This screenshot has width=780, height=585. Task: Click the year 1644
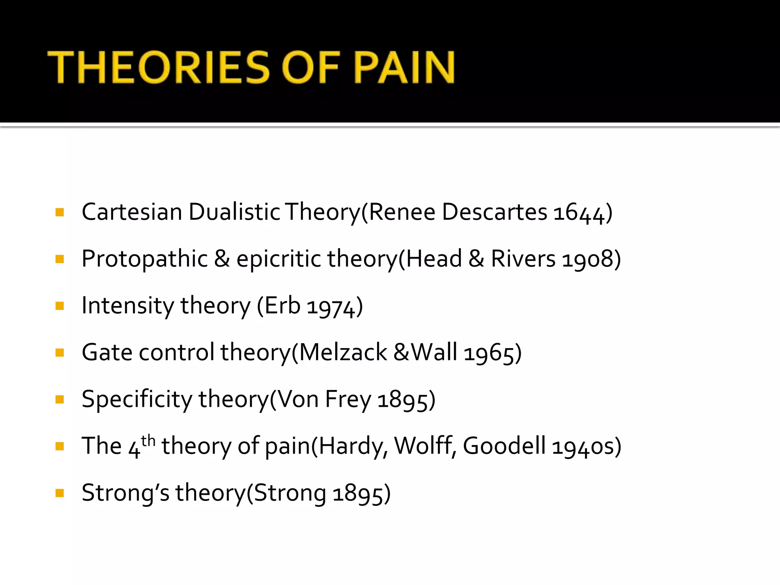579,213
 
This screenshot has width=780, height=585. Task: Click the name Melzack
343,352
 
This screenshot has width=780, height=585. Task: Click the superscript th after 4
148,441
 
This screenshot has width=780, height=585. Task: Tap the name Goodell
504,446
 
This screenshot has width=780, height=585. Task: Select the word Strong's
125,493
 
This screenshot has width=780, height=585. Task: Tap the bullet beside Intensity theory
59,306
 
